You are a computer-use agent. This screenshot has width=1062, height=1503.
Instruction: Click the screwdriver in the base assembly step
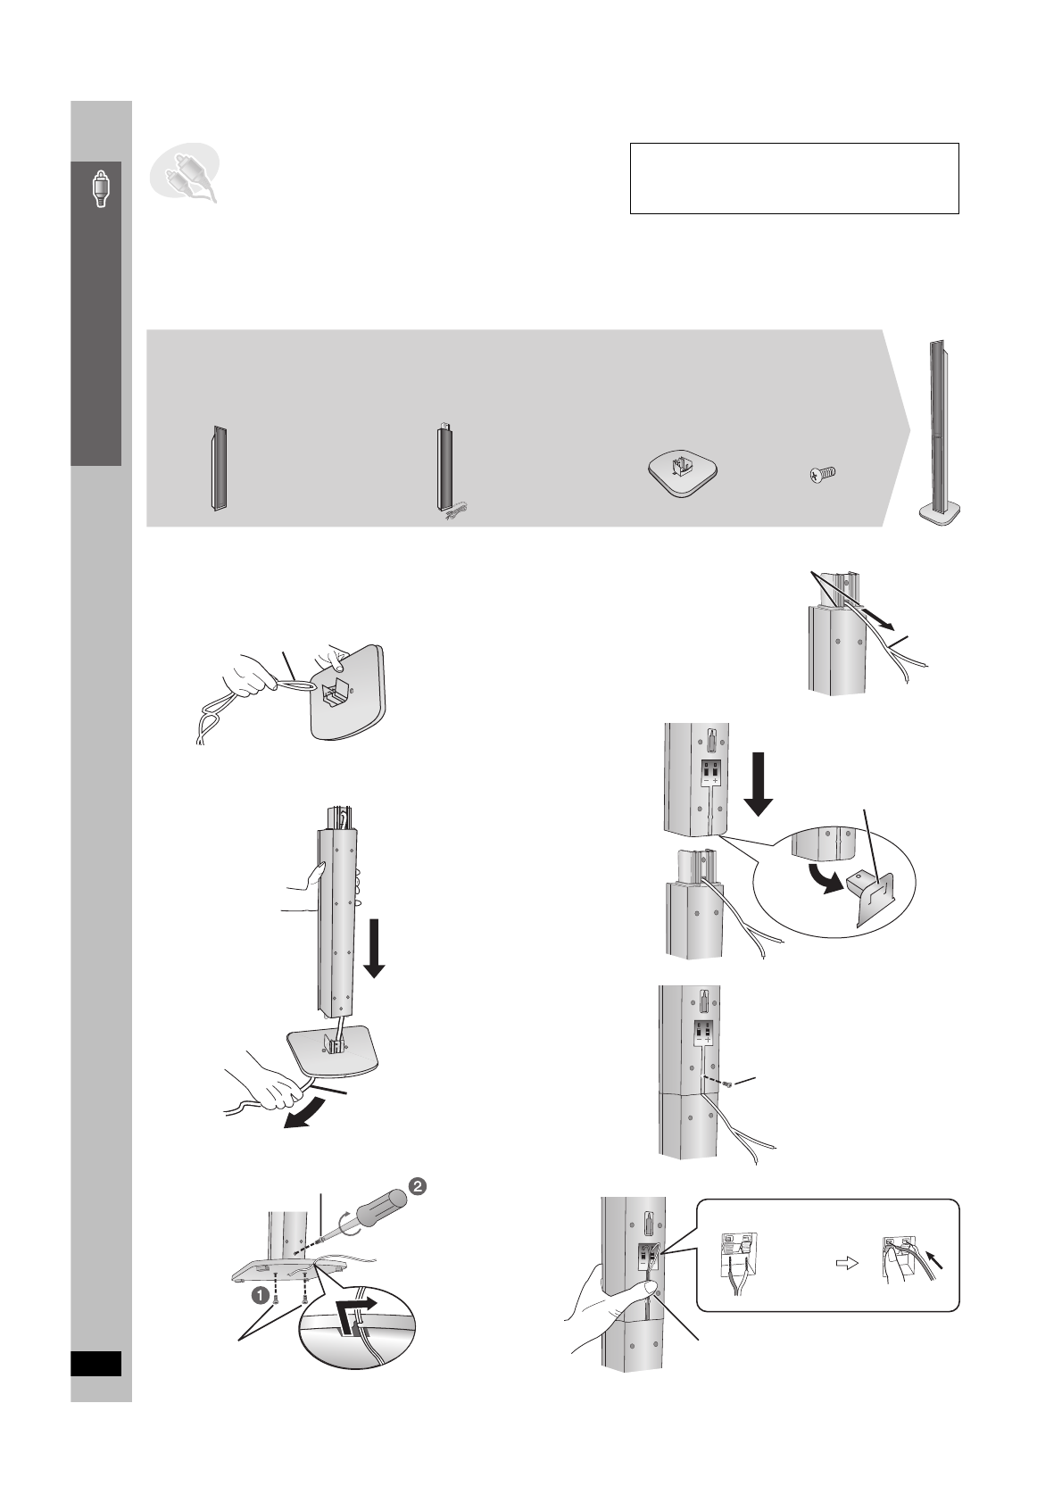point(366,1215)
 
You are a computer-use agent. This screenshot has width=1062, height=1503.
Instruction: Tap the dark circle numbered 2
point(418,1184)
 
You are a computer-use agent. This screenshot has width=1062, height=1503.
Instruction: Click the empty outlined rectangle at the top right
point(793,178)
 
